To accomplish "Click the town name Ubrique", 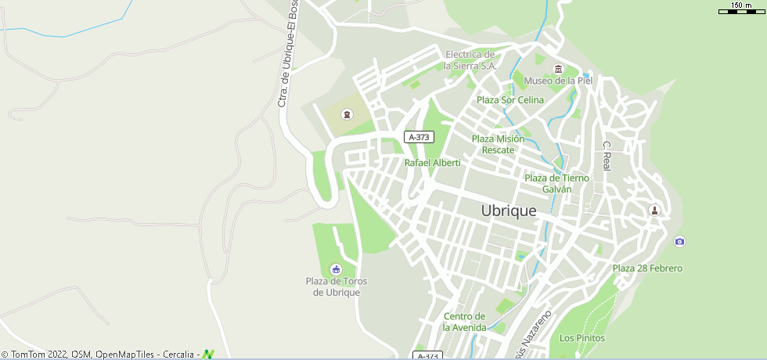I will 509,211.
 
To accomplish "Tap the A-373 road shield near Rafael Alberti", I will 420,137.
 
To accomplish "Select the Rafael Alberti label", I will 432,163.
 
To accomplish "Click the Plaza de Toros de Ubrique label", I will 337,286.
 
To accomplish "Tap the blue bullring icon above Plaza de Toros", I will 337,268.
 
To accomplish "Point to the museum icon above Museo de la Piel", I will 558,68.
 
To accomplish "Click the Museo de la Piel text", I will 558,81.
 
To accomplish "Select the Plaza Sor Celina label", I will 510,99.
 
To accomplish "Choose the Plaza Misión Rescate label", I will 498,144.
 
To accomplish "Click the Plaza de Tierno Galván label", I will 556,183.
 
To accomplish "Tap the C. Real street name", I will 607,156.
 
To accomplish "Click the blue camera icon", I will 679,241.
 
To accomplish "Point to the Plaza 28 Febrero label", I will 647,268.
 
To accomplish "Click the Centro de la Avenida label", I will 465,322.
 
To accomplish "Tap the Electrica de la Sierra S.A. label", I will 470,60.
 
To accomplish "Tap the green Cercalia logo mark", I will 208,355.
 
